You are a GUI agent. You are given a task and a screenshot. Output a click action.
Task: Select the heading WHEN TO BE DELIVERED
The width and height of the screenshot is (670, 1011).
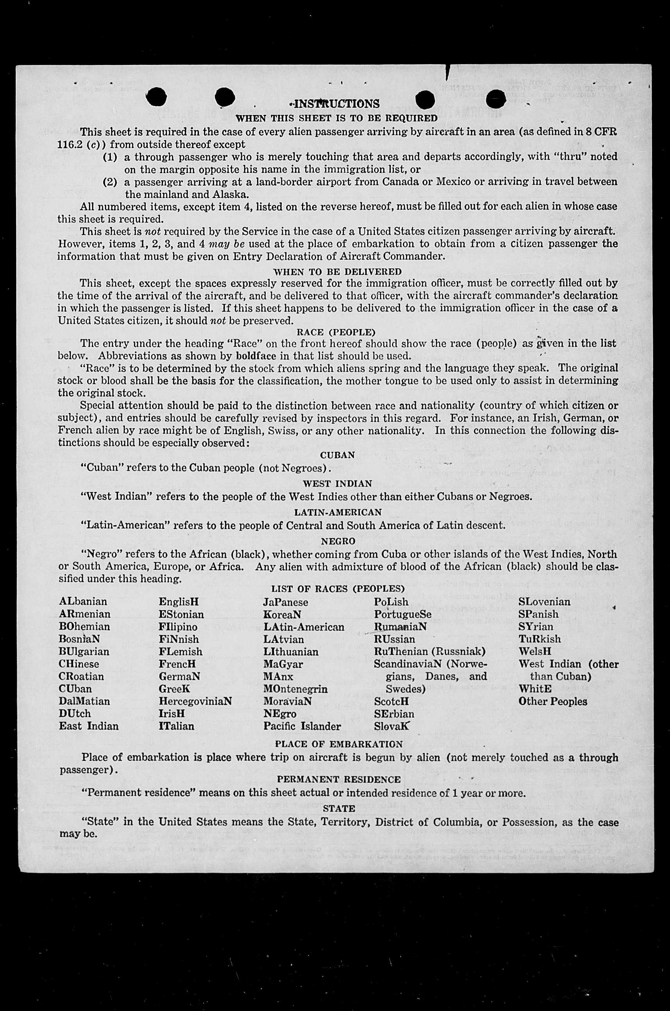pos(337,272)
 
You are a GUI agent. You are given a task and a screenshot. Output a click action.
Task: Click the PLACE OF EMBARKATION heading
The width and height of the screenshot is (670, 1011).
pos(338,744)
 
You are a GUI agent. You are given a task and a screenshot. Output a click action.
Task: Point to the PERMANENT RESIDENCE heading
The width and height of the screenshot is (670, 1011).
pos(338,779)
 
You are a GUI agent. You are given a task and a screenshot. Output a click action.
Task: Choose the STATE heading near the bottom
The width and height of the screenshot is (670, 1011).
pos(338,808)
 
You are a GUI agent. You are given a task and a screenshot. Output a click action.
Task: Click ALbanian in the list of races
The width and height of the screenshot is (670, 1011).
pos(83,601)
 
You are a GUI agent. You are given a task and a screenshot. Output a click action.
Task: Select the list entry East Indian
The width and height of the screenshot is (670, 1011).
pos(88,726)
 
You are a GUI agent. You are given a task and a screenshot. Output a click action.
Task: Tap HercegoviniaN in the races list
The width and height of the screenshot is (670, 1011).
pos(195,701)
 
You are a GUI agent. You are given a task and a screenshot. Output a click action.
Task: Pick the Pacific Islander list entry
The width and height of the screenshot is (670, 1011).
pos(302,726)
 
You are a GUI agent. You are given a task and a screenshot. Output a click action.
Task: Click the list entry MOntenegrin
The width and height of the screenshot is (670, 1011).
pos(295,689)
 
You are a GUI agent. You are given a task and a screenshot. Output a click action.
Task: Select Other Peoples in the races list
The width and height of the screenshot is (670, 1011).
pos(552,701)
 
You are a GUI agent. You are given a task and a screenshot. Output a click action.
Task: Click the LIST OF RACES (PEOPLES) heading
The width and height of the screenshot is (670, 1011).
pos(338,589)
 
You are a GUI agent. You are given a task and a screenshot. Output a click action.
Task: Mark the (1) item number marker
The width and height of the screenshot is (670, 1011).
pos(110,157)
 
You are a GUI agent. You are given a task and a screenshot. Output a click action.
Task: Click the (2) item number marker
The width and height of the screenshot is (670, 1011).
pos(110,182)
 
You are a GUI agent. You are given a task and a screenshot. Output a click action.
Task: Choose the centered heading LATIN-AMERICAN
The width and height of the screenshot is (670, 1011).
pos(338,512)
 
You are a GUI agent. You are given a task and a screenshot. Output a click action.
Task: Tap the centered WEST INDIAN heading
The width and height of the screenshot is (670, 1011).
pos(337,484)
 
